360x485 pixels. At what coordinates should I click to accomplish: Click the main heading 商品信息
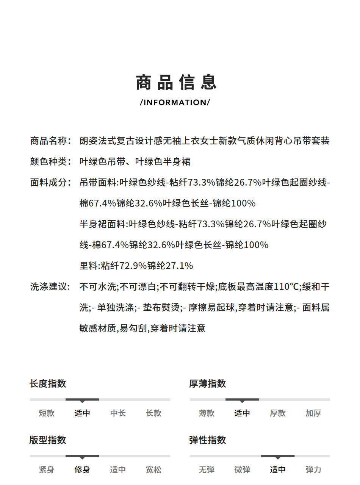177,83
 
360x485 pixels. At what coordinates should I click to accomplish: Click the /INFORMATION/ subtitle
175,102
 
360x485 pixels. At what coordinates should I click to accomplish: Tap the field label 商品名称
50,141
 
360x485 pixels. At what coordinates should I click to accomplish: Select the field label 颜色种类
50,162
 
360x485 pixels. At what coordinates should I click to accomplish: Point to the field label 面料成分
50,183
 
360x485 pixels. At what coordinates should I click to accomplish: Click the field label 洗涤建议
50,287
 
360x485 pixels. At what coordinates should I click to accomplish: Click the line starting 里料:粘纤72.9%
136,266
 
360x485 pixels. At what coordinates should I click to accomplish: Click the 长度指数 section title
48,383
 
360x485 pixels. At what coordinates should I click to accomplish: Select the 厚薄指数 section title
208,383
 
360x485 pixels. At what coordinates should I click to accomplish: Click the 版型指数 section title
48,440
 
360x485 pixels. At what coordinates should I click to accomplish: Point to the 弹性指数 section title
208,440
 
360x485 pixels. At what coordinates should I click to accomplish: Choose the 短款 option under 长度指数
47,413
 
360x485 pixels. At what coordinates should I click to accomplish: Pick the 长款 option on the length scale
153,413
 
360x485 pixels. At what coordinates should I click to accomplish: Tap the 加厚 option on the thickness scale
313,413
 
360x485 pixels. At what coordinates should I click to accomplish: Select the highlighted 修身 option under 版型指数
82,470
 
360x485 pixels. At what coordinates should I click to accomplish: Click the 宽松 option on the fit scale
153,470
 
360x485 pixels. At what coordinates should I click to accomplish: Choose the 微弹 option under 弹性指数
242,470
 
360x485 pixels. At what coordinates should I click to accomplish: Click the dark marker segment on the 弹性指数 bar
278,456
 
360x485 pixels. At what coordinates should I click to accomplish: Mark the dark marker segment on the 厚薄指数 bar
242,399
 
